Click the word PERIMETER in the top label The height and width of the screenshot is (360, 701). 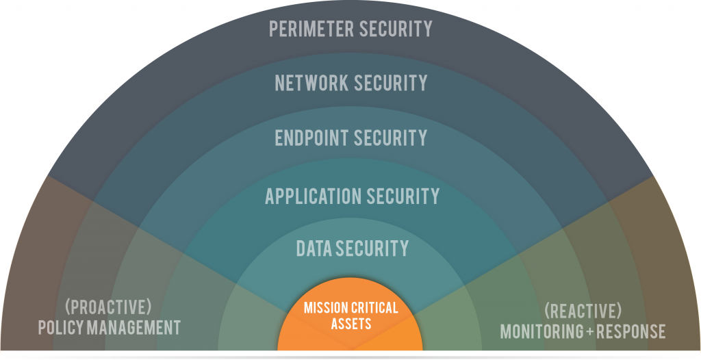click(311, 29)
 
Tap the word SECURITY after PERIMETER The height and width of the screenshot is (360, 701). click(396, 29)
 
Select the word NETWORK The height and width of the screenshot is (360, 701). click(311, 83)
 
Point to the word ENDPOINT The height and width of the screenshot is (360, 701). click(311, 138)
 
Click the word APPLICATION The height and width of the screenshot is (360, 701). click(313, 196)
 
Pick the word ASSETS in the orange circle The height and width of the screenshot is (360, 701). click(351, 323)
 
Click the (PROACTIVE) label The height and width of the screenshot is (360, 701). click(108, 307)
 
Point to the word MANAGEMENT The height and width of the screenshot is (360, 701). click(134, 327)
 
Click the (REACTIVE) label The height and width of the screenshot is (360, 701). click(583, 310)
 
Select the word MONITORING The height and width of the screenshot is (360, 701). click(541, 331)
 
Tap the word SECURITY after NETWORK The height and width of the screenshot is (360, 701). click(390, 83)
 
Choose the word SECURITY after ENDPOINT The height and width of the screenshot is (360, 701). click(390, 138)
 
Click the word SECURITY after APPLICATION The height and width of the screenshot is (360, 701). click(403, 196)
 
